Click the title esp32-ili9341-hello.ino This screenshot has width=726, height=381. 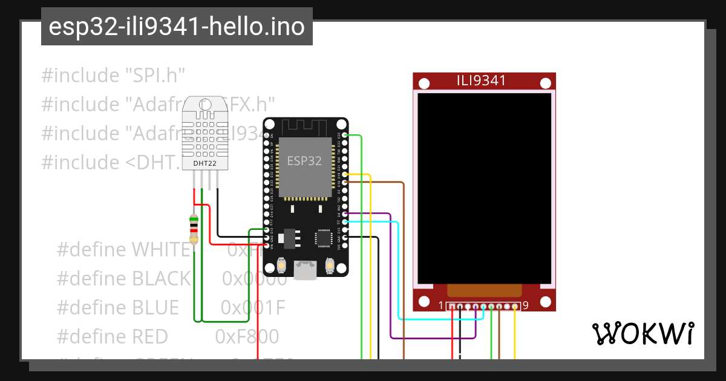pos(177,27)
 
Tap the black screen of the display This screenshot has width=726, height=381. pos(484,187)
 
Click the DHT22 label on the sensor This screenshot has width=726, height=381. pos(204,163)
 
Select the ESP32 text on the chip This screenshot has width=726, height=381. pos(304,161)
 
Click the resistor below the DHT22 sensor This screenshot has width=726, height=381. pos(194,228)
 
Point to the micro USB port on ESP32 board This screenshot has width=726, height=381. pos(306,269)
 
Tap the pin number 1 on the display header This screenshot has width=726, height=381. pos(442,305)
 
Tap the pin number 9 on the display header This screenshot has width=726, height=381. pos(525,305)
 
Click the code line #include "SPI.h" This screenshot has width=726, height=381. pos(113,76)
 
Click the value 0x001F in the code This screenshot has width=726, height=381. pos(252,308)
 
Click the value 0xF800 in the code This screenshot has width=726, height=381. pos(247,336)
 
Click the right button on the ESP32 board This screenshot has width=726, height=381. pos(330,265)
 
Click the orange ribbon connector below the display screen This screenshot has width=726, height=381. pos(484,290)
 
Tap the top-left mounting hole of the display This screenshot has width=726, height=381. pos(425,83)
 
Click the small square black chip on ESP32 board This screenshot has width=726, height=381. pos(325,238)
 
